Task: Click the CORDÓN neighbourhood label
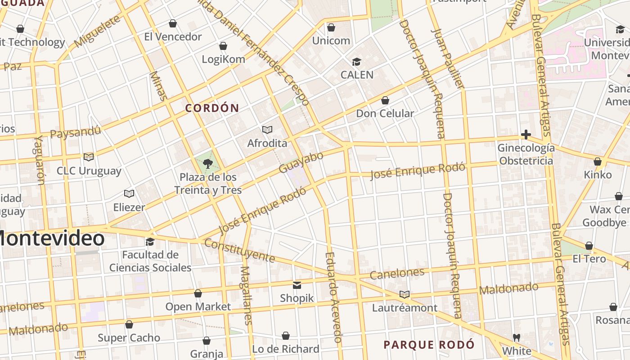[x=212, y=108]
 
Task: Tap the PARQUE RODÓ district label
[x=429, y=345]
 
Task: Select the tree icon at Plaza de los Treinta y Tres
[x=207, y=163]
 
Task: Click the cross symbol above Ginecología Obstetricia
[x=526, y=135]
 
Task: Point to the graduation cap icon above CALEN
[x=356, y=62]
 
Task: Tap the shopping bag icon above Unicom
[x=331, y=27]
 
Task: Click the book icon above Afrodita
[x=267, y=130]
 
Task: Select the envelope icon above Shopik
[x=297, y=285]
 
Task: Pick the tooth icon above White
[x=516, y=337]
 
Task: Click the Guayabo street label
[x=301, y=162]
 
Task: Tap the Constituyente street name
[x=239, y=251]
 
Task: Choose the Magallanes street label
[x=246, y=295]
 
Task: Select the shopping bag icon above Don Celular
[x=385, y=100]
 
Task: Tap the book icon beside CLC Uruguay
[x=89, y=157]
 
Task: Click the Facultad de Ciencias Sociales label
[x=150, y=261]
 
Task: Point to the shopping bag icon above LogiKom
[x=223, y=46]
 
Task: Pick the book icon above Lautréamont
[x=405, y=295]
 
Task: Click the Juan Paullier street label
[x=447, y=58]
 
